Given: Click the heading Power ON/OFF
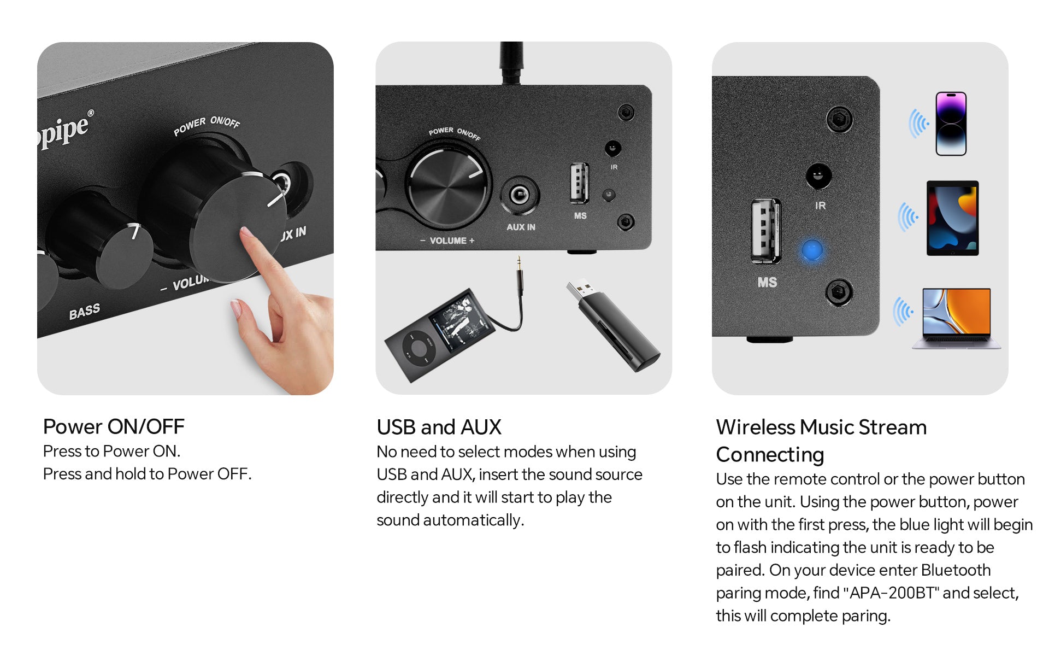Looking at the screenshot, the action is tap(114, 426).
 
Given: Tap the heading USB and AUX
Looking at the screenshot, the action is tap(439, 427).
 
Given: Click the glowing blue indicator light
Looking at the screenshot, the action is tap(812, 251).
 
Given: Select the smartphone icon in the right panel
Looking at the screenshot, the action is tap(951, 124).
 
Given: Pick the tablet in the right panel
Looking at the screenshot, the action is tap(952, 218).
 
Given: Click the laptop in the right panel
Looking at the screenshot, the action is tap(956, 318).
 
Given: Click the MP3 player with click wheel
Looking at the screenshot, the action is tap(440, 335).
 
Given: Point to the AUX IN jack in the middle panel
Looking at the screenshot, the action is tap(519, 195).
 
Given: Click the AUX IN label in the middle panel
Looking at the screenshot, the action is tap(521, 227).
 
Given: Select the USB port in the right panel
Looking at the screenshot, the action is tap(766, 230).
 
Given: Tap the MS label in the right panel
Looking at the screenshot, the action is tap(767, 282).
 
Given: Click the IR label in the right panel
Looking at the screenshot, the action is tap(820, 206).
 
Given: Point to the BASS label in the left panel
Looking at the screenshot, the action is tap(85, 312).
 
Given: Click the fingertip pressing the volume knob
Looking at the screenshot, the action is tap(248, 235).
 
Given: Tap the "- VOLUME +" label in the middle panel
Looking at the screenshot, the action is tap(447, 241).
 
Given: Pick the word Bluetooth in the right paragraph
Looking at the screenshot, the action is tap(956, 570).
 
